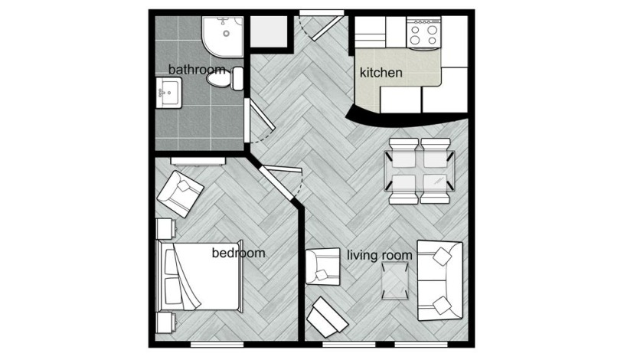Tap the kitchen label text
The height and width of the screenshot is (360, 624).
(x=381, y=74)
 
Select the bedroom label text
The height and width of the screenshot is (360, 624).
(x=238, y=253)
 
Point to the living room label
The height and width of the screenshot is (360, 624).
(x=380, y=255)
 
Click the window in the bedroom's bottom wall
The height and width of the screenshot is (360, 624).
(x=211, y=344)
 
